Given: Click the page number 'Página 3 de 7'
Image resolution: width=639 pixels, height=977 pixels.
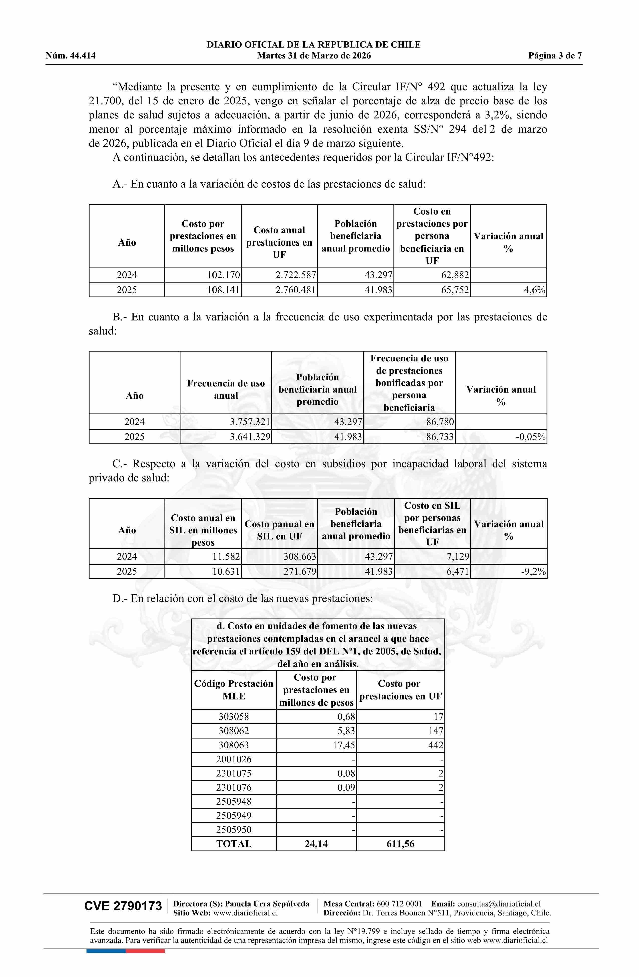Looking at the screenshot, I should click(555, 56).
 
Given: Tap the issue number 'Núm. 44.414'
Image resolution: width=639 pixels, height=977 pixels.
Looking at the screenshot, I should click(71, 56).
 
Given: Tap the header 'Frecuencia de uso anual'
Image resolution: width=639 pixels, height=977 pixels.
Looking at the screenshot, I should click(226, 389).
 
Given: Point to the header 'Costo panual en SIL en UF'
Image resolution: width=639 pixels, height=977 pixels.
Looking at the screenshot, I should click(279, 530).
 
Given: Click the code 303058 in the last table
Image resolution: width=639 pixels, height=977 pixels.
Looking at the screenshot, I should click(234, 717).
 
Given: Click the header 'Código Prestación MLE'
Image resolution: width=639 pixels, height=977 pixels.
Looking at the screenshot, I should click(234, 690).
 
